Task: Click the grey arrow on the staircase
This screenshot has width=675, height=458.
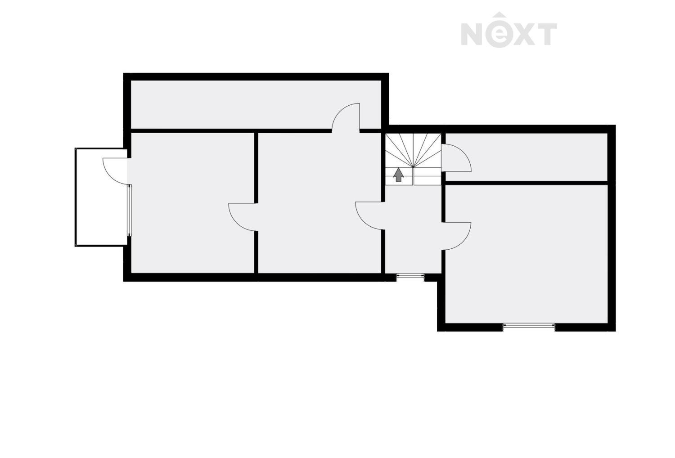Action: [x=398, y=175]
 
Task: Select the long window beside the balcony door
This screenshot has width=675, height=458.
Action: [x=130, y=210]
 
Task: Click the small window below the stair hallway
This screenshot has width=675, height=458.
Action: [x=410, y=277]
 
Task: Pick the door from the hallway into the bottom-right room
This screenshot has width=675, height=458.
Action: [x=457, y=235]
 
